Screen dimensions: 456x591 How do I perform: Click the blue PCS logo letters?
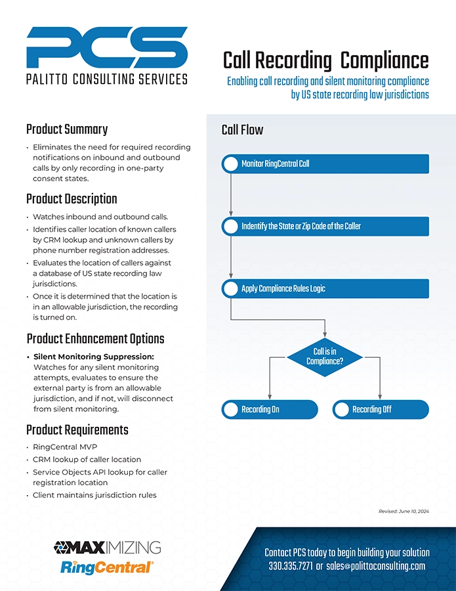coord(107,47)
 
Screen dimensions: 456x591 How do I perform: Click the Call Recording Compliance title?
coord(325,60)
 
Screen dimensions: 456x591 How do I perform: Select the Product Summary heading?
coord(67,129)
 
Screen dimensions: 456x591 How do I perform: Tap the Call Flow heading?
coord(242,130)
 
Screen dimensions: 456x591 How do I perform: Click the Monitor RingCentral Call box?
coord(325,164)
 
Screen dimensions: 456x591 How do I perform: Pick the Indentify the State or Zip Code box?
coord(325,226)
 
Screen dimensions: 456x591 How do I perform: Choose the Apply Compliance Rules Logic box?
coord(325,289)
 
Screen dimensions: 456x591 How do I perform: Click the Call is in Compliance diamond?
coord(325,357)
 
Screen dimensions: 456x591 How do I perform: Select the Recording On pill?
coord(270,409)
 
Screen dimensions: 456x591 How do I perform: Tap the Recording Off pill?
coord(381,409)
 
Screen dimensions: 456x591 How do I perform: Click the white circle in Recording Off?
coord(342,409)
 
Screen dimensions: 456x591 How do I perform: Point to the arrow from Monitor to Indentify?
coord(231,195)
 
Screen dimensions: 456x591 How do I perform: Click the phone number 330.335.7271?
coord(290,566)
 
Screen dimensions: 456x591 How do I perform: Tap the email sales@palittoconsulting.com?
coord(376,566)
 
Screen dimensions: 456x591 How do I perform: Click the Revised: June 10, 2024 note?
coord(404,512)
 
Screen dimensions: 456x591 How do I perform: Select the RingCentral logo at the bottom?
coord(107,567)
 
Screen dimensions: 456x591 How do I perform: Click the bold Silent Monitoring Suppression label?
coord(94,357)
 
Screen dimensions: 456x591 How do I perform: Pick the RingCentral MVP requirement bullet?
coord(65,447)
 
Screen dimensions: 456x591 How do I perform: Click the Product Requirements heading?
coord(77,430)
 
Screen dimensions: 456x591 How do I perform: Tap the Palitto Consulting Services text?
coord(107,79)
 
